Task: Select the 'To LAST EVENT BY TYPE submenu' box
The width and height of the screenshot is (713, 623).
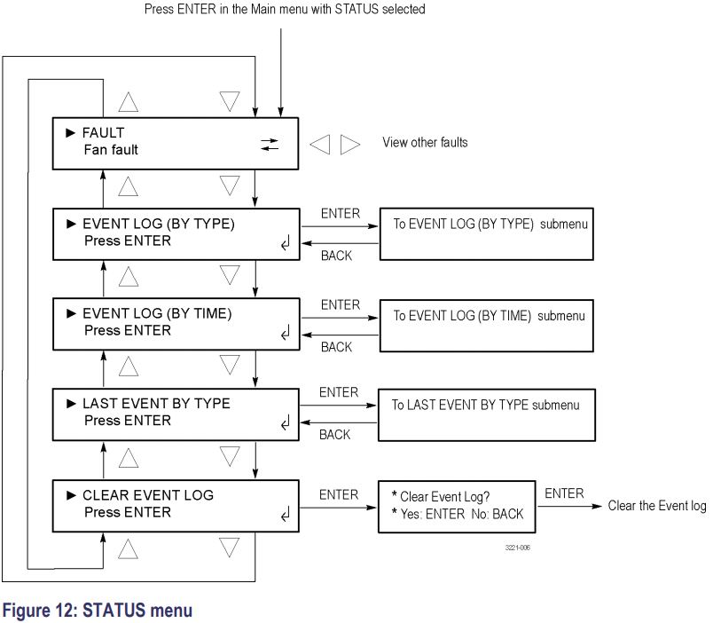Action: click(486, 414)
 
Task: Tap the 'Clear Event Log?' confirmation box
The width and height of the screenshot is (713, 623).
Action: click(457, 506)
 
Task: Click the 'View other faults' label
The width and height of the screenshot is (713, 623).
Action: click(425, 143)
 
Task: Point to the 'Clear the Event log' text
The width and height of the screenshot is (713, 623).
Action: click(657, 506)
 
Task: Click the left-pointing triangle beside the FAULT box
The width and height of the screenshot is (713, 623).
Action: click(319, 144)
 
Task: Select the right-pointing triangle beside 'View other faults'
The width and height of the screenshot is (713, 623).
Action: click(350, 144)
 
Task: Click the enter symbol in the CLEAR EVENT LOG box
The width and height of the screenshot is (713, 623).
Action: click(285, 515)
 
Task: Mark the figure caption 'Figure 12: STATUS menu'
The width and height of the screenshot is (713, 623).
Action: click(98, 611)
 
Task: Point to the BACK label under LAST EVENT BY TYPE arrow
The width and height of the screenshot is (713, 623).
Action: click(335, 435)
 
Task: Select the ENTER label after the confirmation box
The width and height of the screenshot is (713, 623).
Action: click(564, 493)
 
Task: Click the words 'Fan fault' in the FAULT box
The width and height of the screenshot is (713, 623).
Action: click(111, 150)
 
